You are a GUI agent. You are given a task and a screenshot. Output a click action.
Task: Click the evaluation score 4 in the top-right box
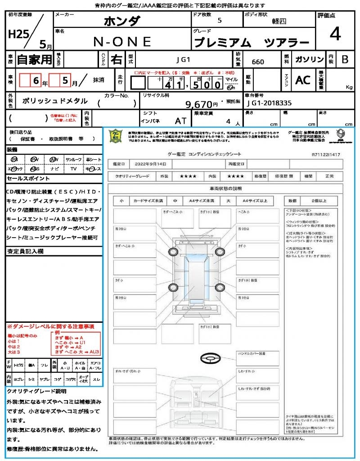pyautogui.click(x=334, y=34)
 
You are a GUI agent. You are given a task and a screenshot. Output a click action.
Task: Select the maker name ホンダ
pyautogui.click(x=122, y=21)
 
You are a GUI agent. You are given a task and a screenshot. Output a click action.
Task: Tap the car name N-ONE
pyautogui.click(x=122, y=41)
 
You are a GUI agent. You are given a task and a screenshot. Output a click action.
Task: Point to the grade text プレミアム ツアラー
pyautogui.click(x=252, y=43)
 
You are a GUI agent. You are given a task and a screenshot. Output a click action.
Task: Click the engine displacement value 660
pyautogui.click(x=258, y=62)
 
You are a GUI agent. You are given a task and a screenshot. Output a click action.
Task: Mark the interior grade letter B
pyautogui.click(x=345, y=59)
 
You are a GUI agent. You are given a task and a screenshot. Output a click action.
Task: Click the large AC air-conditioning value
pyautogui.click(x=303, y=80)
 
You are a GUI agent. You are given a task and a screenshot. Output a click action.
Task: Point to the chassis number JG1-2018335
pyautogui.click(x=269, y=103)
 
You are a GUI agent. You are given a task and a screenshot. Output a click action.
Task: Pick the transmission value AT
pyautogui.click(x=180, y=121)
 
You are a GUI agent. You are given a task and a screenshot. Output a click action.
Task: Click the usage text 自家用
pyautogui.click(x=34, y=59)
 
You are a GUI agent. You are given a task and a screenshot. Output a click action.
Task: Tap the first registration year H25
pyautogui.click(x=17, y=35)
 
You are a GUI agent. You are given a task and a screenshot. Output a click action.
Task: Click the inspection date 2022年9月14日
pyautogui.click(x=146, y=164)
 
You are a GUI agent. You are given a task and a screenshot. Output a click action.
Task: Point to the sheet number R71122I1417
pyautogui.click(x=326, y=154)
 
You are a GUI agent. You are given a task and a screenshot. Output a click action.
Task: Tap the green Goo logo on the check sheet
pyautogui.click(x=115, y=136)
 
